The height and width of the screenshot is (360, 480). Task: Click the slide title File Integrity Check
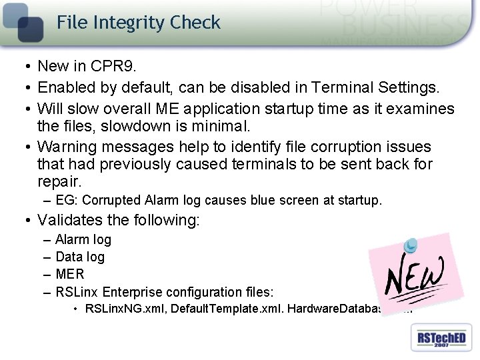(138, 23)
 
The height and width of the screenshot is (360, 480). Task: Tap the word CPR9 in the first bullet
(112, 66)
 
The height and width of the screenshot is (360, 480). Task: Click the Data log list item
(79, 257)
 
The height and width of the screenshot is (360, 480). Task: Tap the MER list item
(69, 274)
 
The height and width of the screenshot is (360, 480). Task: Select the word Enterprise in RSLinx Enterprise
(133, 291)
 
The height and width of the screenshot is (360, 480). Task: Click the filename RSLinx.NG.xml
(125, 309)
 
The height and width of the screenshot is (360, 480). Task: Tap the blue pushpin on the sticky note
(411, 246)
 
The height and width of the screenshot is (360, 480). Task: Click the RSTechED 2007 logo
(441, 338)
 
